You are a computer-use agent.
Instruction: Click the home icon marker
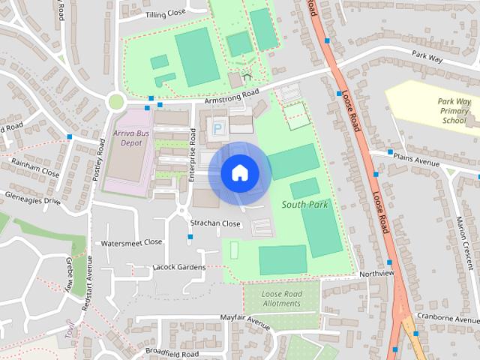(239, 173)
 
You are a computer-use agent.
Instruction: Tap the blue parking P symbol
(217, 129)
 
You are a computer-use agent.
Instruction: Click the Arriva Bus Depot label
(127, 136)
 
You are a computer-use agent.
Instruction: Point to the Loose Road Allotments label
(281, 298)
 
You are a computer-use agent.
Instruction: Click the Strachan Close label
(215, 223)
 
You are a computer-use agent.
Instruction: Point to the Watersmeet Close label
(132, 243)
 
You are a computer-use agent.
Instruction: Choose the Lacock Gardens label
(178, 267)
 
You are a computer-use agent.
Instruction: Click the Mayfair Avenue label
(245, 319)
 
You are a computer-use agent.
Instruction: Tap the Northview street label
(376, 274)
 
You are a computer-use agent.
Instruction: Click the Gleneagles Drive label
(31, 201)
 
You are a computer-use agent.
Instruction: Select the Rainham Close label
(34, 172)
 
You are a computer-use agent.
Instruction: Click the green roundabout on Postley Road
(115, 101)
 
